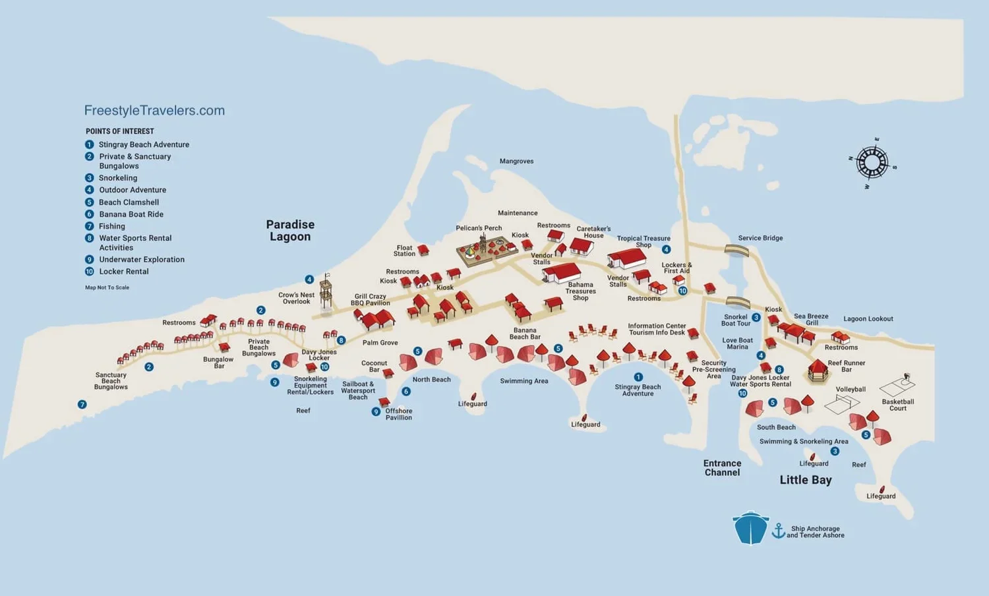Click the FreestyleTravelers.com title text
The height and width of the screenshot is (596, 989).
tap(154, 111)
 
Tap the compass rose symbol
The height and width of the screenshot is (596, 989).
tap(872, 162)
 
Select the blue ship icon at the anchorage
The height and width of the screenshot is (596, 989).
tap(750, 528)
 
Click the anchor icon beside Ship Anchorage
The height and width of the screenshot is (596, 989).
tap(779, 531)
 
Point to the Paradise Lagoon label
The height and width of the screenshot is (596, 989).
tap(290, 231)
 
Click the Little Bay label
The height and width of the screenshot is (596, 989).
tap(805, 480)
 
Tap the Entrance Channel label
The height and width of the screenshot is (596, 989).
tap(722, 468)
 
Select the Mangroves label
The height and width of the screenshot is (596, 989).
tap(516, 162)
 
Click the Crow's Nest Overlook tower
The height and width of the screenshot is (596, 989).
tap(326, 293)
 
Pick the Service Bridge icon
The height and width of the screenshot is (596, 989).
tap(736, 250)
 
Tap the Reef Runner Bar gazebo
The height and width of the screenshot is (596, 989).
tap(818, 371)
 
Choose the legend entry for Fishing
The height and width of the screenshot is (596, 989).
tap(111, 226)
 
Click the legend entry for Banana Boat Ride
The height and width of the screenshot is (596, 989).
tap(131, 214)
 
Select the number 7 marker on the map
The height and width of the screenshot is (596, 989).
tap(82, 404)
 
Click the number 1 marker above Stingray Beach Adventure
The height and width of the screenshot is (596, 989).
tap(638, 377)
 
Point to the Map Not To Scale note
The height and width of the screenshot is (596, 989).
tap(107, 287)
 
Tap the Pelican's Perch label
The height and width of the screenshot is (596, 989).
tap(479, 228)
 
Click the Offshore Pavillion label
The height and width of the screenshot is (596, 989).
tap(398, 414)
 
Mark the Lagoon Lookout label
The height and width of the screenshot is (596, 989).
tap(868, 319)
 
